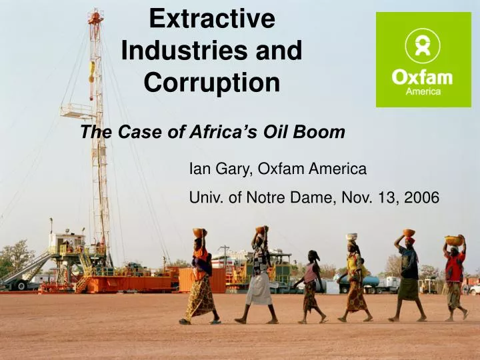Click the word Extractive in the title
click(x=211, y=19)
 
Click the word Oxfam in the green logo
click(x=422, y=77)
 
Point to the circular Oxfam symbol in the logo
click(x=423, y=46)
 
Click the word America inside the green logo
click(x=423, y=92)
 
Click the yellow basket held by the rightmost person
click(x=453, y=240)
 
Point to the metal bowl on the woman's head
click(x=352, y=237)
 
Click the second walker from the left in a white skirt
click(x=260, y=277)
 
